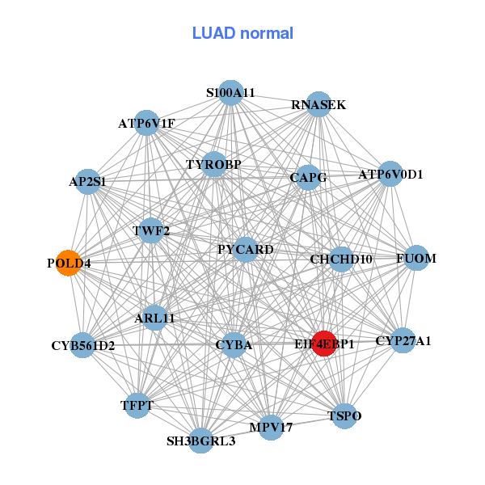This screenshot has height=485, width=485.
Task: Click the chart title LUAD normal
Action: point(242,33)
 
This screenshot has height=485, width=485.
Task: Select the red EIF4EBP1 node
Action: point(324,344)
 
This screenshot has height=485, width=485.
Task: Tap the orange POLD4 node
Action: point(69,263)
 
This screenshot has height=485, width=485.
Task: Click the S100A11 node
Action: point(231,93)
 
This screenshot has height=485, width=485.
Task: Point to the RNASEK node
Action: point(318,104)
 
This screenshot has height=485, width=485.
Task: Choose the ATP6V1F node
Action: point(146,123)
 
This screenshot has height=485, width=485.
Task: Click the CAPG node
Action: point(308,177)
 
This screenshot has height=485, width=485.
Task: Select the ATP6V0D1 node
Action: point(390,173)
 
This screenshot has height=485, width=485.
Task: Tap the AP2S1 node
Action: point(88,182)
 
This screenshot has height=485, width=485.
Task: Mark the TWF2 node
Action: point(152,231)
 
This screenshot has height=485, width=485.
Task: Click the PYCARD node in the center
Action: point(247,249)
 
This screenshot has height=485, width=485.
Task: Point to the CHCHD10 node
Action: point(341,259)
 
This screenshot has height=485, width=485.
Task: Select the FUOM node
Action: point(416,259)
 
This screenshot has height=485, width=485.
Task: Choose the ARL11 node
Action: point(155,318)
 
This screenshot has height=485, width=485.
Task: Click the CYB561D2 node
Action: point(82,346)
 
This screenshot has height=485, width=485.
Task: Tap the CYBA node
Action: point(234,345)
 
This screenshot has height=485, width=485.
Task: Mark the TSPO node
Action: point(345,415)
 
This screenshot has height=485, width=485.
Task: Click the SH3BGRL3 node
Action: point(201,441)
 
